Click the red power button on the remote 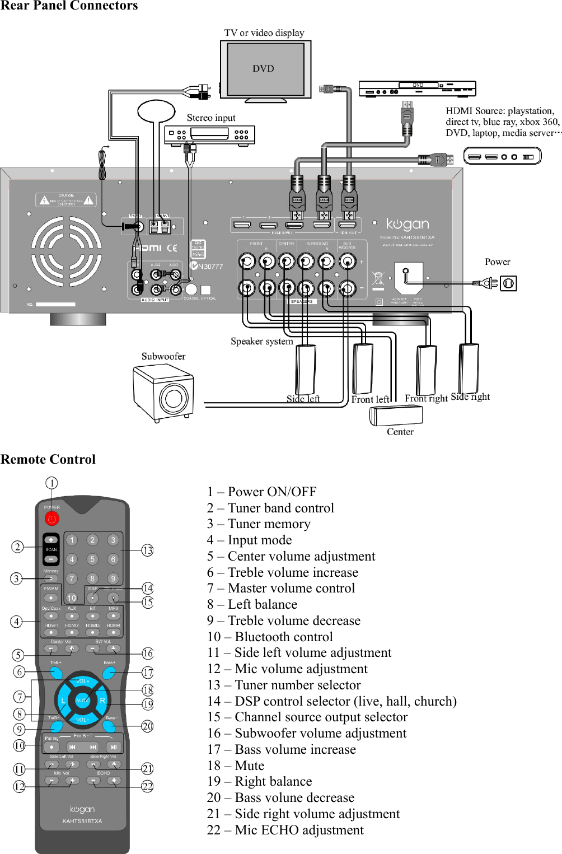click(51, 519)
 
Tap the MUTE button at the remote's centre click(82, 700)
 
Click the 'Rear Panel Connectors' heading click(69, 6)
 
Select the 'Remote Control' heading click(48, 459)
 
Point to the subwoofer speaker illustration click(163, 393)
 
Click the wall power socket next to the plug click(508, 283)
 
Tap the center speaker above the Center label click(396, 416)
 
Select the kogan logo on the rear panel click(408, 225)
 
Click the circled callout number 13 click(147, 550)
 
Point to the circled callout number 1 click(51, 483)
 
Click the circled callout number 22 click(147, 786)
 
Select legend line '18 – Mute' click(236, 766)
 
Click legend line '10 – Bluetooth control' click(270, 637)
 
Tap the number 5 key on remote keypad click(92, 559)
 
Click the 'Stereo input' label click(211, 118)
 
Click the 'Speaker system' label click(261, 341)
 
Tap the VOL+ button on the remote click(82, 682)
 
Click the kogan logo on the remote click(82, 809)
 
